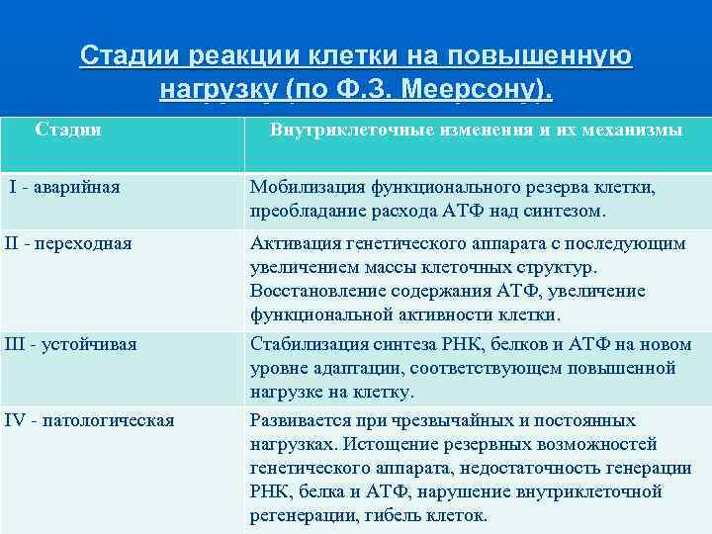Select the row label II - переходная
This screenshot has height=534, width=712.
[x=68, y=243]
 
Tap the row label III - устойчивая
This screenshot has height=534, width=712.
[x=70, y=344]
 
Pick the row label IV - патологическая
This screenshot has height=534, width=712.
[x=89, y=420]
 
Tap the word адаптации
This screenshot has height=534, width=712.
[x=352, y=368]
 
